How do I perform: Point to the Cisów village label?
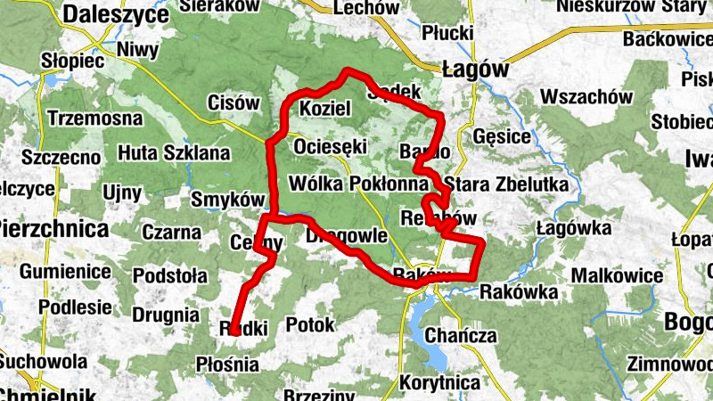[x=233, y=103]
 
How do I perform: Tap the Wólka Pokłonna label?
[x=358, y=184]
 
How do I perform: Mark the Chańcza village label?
[x=461, y=336]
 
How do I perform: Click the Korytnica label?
[x=440, y=382]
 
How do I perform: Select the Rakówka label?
[x=519, y=291]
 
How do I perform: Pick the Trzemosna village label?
[x=95, y=117]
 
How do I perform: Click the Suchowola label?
[x=44, y=362]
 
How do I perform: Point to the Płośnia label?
[x=226, y=364]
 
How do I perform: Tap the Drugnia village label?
[x=165, y=315]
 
